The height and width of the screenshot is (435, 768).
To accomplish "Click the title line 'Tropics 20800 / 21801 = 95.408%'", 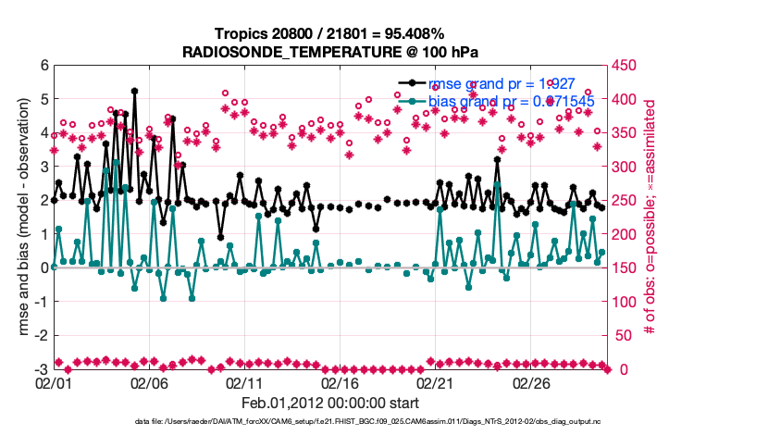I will click(x=330, y=34).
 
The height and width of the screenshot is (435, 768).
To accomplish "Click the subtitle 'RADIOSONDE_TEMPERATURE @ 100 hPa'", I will click(x=330, y=52).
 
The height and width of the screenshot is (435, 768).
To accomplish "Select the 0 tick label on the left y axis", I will click(x=43, y=267).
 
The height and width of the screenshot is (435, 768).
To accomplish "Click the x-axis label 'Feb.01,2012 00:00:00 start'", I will click(x=330, y=404).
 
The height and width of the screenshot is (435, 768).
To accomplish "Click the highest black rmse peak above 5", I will click(x=134, y=92).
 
